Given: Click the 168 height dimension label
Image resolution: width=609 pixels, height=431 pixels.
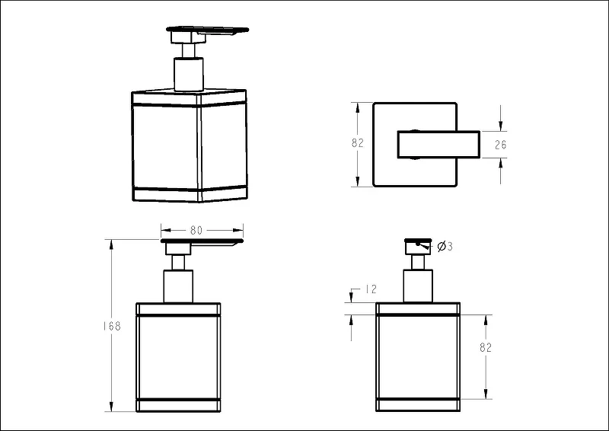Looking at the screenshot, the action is tap(112, 326).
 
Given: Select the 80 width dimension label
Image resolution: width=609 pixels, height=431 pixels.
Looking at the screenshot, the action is tap(196, 231).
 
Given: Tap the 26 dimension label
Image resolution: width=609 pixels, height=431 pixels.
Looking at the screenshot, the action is tap(501, 145).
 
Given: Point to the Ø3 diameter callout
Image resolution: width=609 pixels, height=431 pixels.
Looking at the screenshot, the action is tap(445, 246).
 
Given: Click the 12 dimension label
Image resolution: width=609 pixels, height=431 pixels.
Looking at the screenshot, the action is tap(371, 289).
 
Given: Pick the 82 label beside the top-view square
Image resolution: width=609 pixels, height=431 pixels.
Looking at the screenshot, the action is tap(357, 143).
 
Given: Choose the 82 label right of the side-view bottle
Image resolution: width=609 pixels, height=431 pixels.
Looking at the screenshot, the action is tap(486, 347).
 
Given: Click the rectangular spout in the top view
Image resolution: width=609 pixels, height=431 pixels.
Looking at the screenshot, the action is tap(438, 145).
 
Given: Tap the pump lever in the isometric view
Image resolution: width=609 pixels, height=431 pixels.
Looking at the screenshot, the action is tap(208, 33).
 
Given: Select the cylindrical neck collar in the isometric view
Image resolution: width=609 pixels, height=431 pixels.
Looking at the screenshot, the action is tap(189, 74).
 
